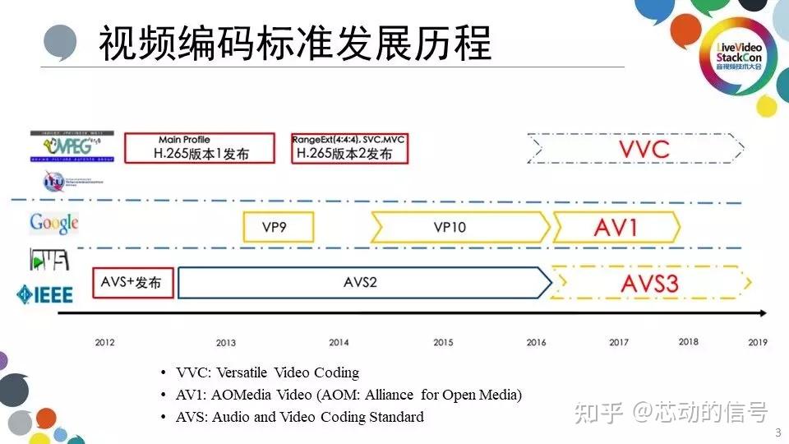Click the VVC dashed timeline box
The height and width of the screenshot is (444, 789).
pyautogui.click(x=637, y=150)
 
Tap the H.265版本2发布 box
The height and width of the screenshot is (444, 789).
pyautogui.click(x=348, y=147)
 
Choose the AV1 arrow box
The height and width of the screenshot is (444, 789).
pyautogui.click(x=616, y=226)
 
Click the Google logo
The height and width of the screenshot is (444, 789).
pyautogui.click(x=54, y=222)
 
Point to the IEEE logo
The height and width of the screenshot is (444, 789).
pyautogui.click(x=45, y=294)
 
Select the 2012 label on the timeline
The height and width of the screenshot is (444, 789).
pyautogui.click(x=104, y=343)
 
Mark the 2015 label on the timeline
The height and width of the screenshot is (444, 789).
pyautogui.click(x=443, y=343)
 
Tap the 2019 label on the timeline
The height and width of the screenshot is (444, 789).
pyautogui.click(x=758, y=342)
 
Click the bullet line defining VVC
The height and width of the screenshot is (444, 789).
pyautogui.click(x=267, y=372)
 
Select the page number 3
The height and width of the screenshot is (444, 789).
pyautogui.click(x=777, y=432)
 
